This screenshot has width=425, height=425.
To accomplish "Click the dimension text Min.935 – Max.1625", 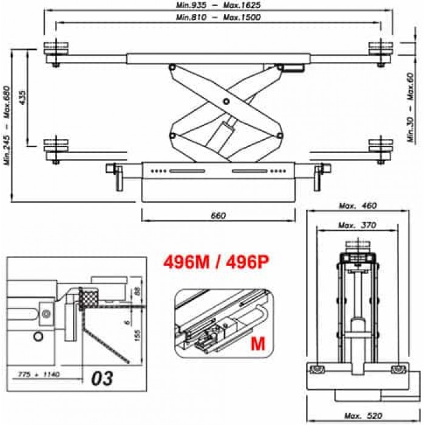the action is (218, 5).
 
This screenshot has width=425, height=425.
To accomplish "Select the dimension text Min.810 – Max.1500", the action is (218, 18).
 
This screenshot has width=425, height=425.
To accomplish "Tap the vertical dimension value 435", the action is (22, 98).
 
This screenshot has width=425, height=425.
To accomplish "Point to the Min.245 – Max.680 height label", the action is (7, 125).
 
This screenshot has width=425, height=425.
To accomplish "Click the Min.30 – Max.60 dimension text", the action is (412, 107).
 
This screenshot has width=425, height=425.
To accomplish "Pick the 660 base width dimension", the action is (218, 216).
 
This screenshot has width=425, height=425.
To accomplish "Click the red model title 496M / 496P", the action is (216, 262).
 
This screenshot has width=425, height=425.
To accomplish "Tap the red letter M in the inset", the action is (258, 344).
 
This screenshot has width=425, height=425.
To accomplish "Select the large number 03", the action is (103, 378).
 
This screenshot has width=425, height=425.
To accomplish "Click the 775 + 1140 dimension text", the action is (38, 375).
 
